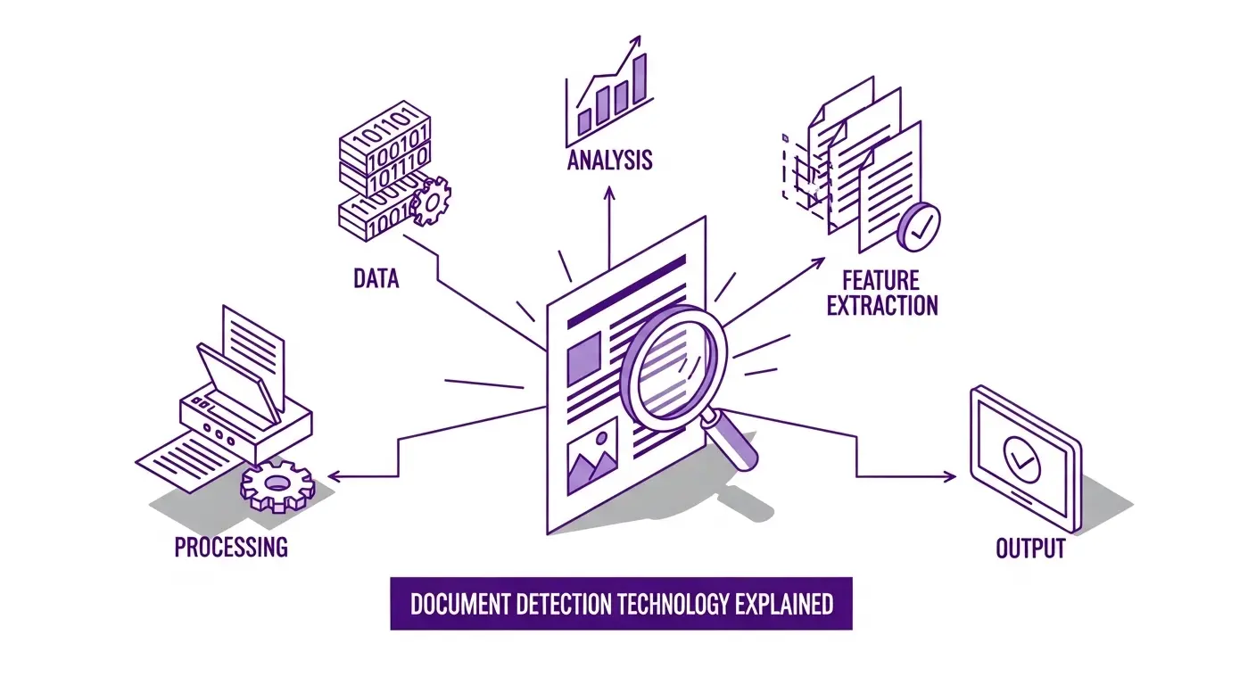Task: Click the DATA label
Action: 376,278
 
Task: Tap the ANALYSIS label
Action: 609,161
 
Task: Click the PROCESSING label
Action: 231,546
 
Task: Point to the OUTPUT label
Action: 1030,547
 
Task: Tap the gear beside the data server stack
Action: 433,202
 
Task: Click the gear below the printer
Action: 277,485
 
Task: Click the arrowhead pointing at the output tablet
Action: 951,477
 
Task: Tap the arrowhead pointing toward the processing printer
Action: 332,477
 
